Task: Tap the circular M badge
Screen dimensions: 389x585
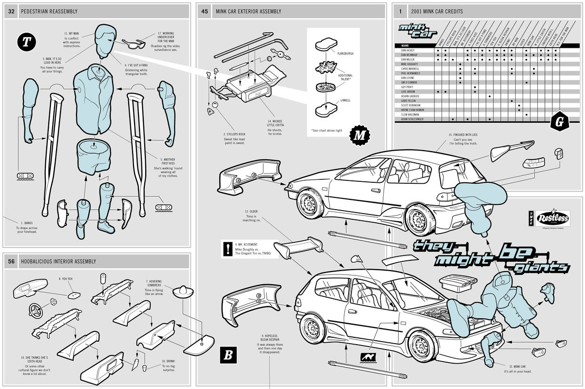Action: click(360, 135)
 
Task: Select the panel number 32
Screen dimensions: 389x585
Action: click(11, 11)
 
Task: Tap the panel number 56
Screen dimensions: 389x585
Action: click(11, 261)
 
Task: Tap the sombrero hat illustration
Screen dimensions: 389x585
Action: click(184, 291)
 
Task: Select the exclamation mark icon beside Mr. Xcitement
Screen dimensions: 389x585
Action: click(227, 248)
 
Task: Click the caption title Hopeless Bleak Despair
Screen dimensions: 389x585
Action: click(270, 338)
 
